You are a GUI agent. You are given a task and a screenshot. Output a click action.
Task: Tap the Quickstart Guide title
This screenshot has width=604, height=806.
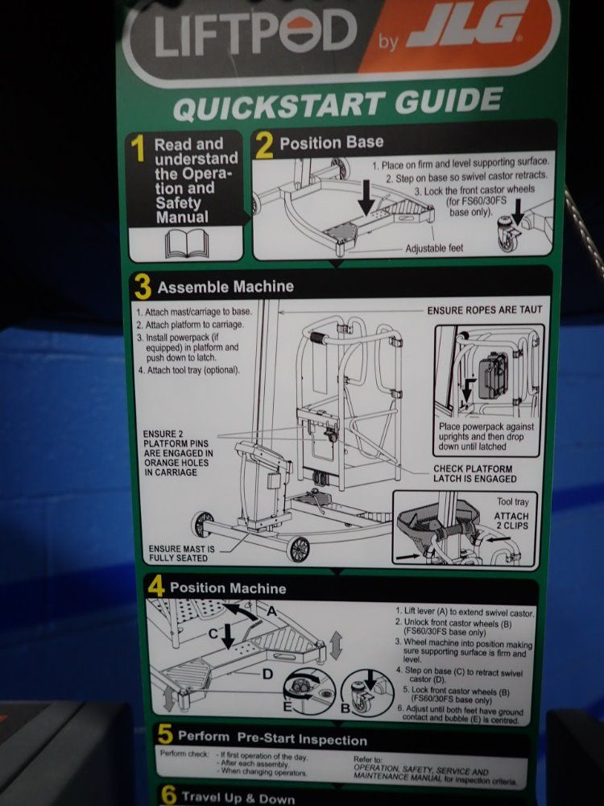(337, 104)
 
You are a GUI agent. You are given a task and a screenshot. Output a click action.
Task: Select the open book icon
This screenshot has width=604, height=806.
(187, 243)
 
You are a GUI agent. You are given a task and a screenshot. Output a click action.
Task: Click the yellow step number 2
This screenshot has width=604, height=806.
(264, 146)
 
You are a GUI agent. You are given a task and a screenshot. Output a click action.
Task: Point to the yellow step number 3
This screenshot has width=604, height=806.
(143, 286)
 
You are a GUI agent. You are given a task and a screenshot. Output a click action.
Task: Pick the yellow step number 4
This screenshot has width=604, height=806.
(157, 586)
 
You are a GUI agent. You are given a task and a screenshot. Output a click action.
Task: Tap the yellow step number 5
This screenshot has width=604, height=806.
(165, 734)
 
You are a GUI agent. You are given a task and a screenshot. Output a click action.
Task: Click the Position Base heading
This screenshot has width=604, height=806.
(332, 143)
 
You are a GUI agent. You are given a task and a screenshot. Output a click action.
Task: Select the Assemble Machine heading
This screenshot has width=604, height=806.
(225, 287)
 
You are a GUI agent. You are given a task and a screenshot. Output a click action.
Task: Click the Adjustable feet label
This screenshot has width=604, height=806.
(434, 248)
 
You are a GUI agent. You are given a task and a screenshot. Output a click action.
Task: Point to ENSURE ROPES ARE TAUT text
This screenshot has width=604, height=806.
(484, 310)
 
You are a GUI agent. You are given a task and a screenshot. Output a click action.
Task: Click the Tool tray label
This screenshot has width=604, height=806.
(512, 502)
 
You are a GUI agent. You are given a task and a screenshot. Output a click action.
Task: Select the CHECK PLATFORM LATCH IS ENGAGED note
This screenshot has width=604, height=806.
(474, 473)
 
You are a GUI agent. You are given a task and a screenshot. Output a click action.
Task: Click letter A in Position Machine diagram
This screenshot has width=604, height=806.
(271, 611)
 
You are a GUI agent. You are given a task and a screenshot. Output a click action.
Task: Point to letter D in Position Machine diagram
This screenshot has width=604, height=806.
(267, 674)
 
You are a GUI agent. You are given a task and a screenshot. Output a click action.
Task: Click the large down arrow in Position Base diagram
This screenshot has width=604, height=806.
(366, 198)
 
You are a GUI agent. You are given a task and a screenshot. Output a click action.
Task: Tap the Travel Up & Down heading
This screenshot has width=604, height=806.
(238, 798)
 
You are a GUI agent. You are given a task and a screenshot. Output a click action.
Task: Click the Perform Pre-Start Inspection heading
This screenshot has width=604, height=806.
(272, 738)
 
